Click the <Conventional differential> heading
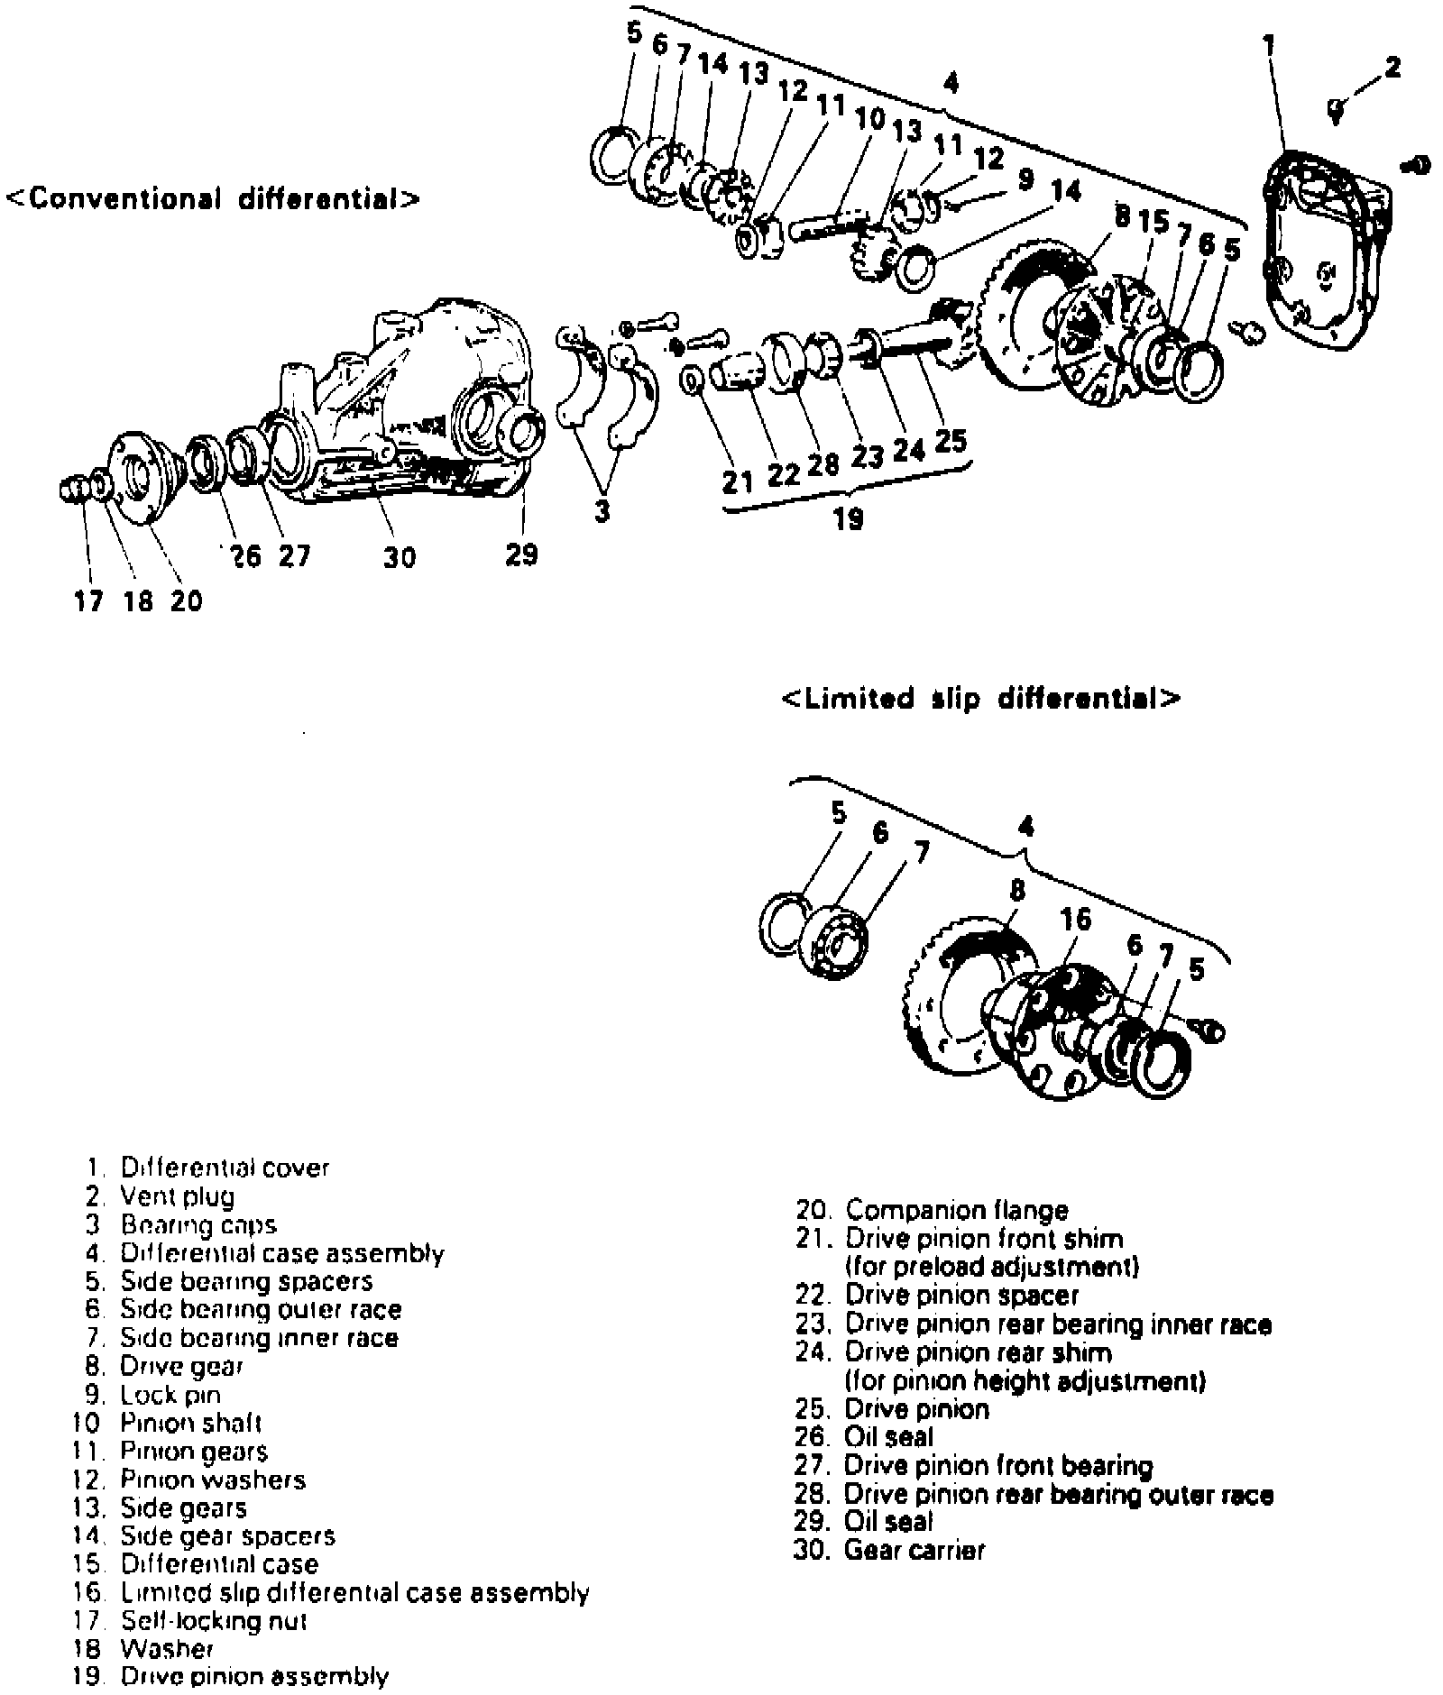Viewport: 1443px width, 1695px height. pos(213,198)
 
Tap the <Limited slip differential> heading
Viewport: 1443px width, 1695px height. pos(980,700)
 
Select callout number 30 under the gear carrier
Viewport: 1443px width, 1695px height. pos(399,557)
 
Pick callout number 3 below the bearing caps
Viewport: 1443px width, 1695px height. pos(602,510)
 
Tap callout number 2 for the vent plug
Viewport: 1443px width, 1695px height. pos(1392,68)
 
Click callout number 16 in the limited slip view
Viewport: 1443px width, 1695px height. pos(1076,919)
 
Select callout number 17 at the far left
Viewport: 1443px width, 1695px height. pos(88,600)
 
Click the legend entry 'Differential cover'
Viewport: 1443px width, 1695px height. pos(225,1168)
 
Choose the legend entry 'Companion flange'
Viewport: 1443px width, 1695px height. pos(956,1210)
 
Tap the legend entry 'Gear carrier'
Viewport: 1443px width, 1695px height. pos(915,1550)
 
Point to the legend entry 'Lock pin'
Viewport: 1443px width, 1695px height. pos(170,1395)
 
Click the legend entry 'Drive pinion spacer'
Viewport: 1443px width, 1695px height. pos(961,1296)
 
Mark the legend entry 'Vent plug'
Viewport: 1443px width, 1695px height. pos(177,1196)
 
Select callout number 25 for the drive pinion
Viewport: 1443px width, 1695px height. pos(951,441)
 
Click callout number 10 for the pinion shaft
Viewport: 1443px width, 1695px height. pos(870,118)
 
